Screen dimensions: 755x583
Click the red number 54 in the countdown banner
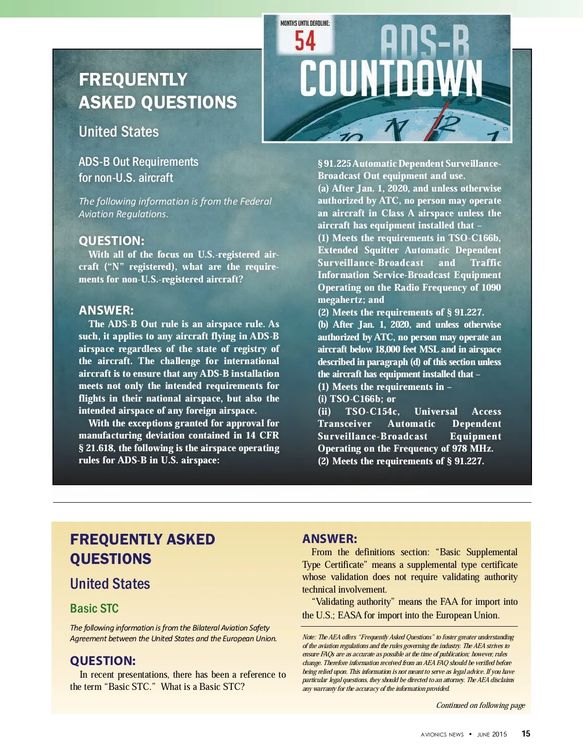(305, 41)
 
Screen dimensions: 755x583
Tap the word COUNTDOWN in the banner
(391, 79)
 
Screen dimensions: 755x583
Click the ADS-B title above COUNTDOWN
(425, 42)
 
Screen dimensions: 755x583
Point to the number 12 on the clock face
(446, 125)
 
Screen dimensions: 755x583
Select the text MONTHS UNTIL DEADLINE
(305, 23)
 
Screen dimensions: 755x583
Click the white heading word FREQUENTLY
(133, 80)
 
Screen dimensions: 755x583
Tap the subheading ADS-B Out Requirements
(138, 162)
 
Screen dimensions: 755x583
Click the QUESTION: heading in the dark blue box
(112, 241)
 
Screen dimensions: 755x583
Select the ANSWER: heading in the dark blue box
(106, 310)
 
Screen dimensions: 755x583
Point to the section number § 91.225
(334, 163)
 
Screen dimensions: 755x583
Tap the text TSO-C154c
(373, 411)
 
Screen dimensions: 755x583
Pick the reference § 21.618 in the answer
(97, 448)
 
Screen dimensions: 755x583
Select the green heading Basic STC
(94, 609)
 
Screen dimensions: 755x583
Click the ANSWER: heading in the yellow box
(329, 539)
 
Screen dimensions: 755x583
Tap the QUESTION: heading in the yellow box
(103, 661)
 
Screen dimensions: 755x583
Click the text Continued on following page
(480, 705)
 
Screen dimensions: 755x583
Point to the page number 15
(526, 734)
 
